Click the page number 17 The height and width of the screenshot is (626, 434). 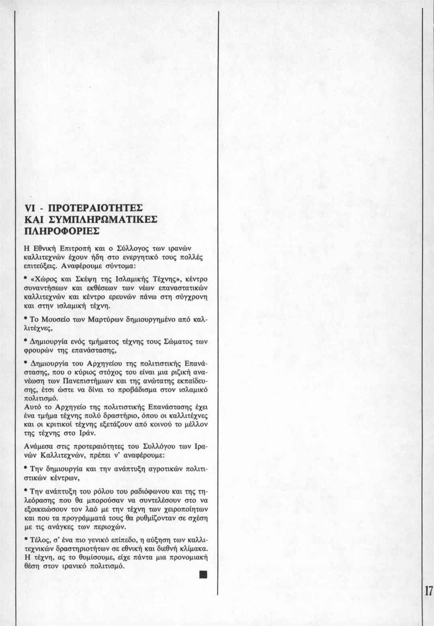click(x=429, y=591)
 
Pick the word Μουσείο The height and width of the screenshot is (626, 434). click(x=54, y=320)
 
